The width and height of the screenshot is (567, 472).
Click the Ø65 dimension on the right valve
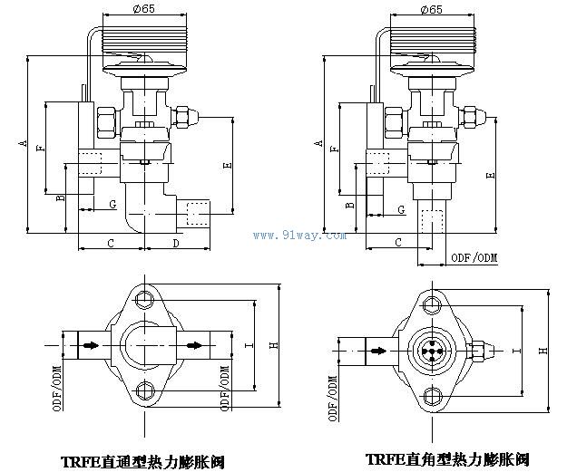(432, 10)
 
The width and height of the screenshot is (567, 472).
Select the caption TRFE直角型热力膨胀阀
(445, 458)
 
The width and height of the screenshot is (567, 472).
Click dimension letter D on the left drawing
(175, 243)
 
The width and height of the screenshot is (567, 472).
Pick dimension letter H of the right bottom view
(542, 350)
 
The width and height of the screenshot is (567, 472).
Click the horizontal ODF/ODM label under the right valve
(474, 259)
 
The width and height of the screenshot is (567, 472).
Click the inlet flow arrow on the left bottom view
(90, 346)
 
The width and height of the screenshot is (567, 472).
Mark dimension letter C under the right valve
(398, 243)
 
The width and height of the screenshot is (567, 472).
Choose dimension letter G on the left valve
(112, 201)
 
